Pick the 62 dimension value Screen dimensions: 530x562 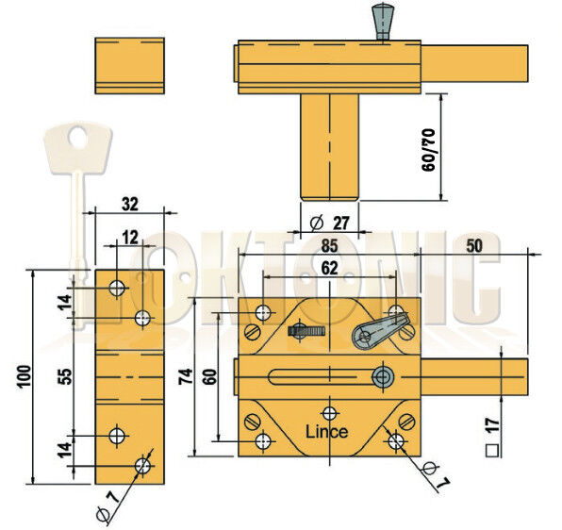328,268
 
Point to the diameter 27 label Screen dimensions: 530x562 330,224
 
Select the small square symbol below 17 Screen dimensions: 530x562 490,450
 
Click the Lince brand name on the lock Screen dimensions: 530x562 327,432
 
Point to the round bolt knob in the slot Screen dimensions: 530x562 382,377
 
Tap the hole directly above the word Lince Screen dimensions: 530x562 328,412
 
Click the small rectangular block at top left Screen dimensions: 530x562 130,65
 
